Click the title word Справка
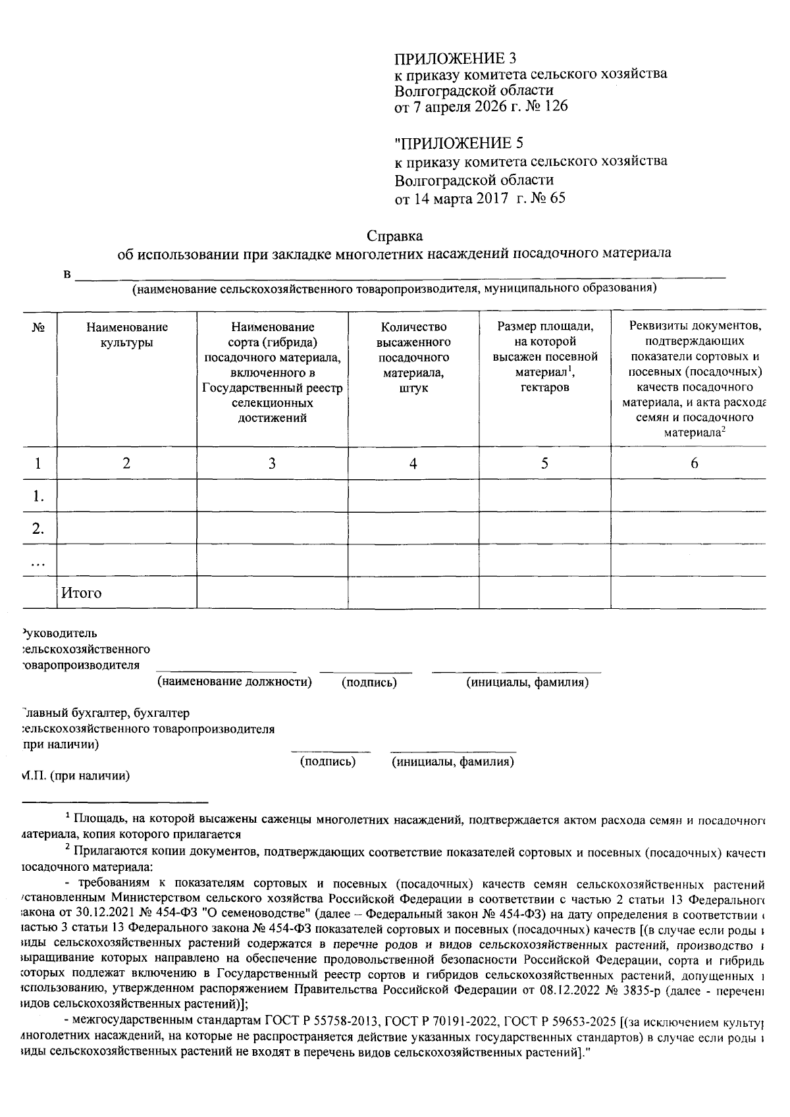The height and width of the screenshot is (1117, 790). (x=394, y=236)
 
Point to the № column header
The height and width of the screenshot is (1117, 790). (x=38, y=327)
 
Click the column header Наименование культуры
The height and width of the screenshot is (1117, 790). (x=126, y=334)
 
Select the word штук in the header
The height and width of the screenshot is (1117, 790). (x=413, y=388)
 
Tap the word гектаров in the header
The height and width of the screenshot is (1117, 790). (x=544, y=387)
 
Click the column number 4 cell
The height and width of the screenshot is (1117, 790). (x=413, y=463)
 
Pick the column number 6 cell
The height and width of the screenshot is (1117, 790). (x=694, y=463)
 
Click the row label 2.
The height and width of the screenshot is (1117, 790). (x=38, y=529)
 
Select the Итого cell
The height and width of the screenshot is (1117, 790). (x=82, y=592)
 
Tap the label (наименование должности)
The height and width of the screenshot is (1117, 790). (x=234, y=682)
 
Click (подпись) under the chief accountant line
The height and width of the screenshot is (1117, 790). (x=328, y=762)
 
